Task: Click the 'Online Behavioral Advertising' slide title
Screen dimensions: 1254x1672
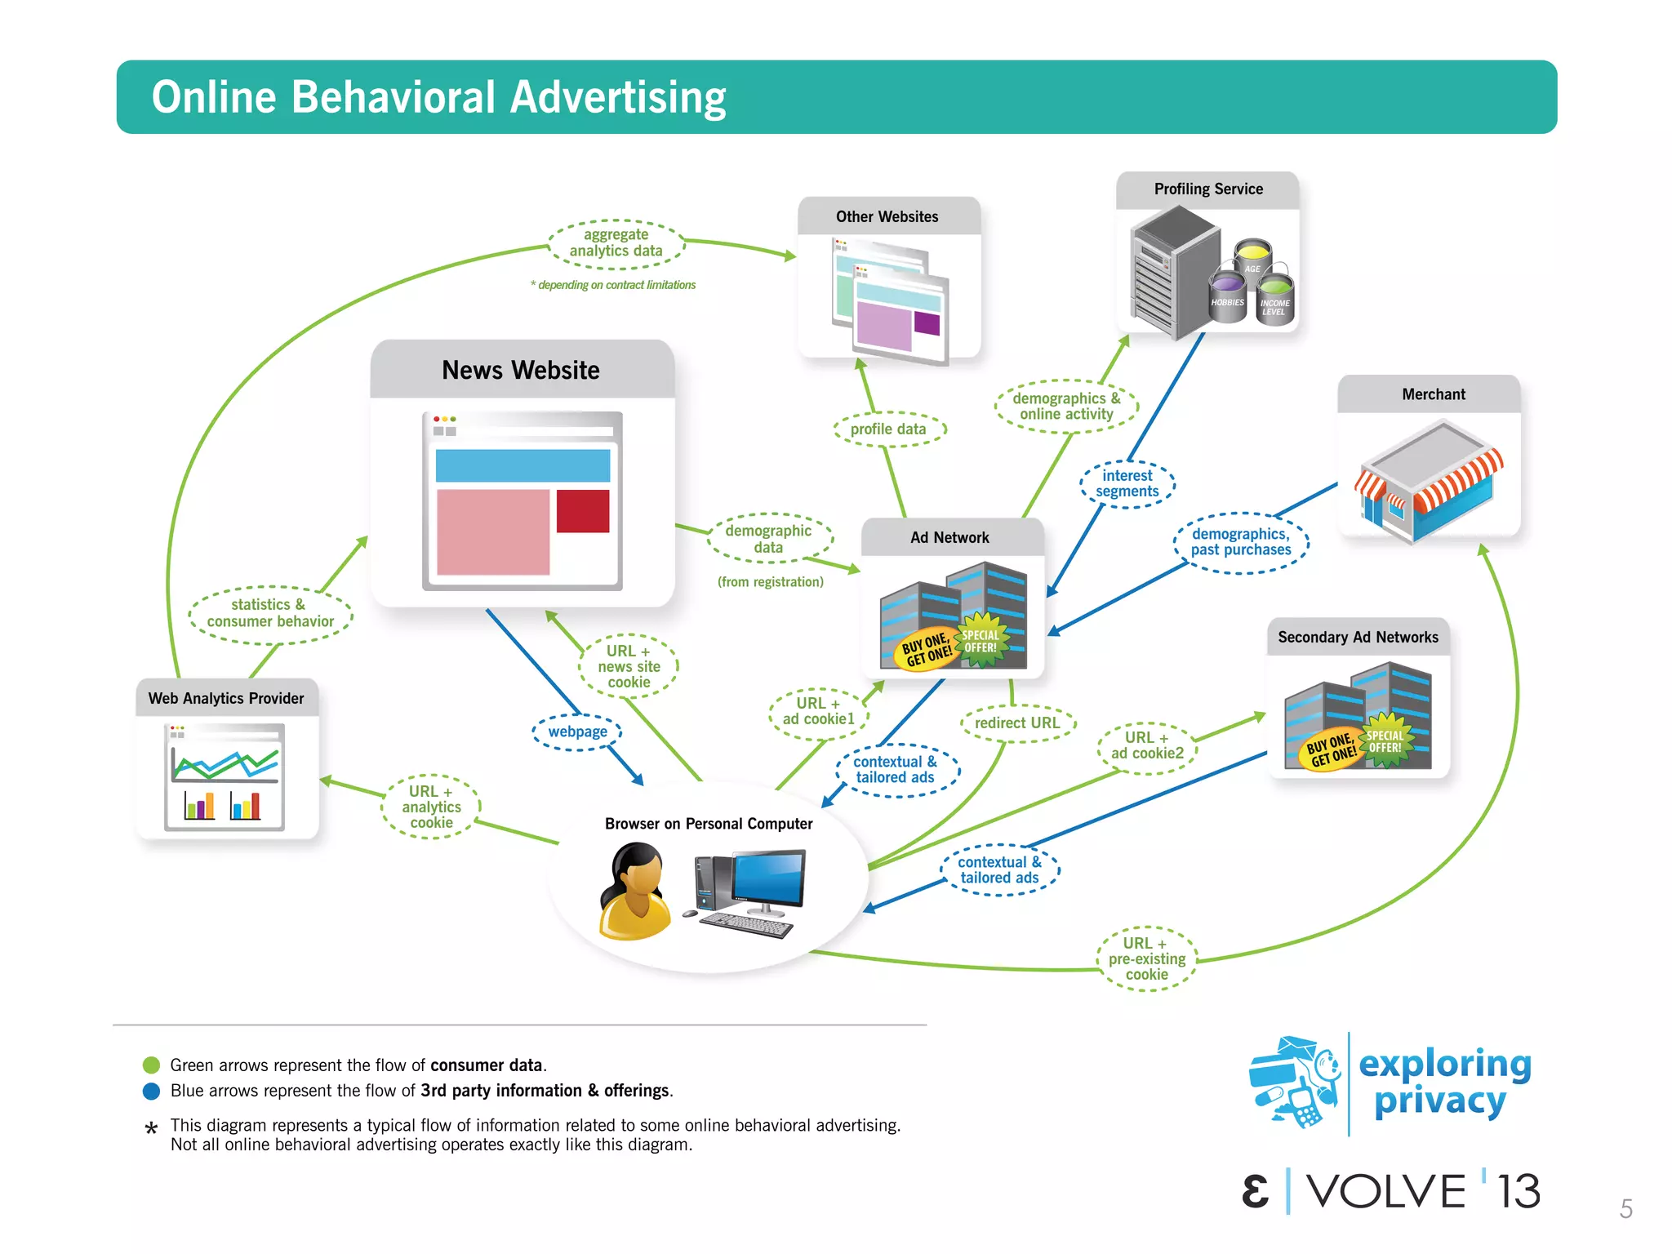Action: (x=438, y=97)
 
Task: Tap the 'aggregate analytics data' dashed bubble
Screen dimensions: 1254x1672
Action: (x=616, y=243)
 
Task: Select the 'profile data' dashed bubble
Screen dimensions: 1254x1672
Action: (x=888, y=429)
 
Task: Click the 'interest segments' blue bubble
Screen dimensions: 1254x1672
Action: (x=1127, y=483)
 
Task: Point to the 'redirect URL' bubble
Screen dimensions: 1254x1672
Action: (x=1017, y=723)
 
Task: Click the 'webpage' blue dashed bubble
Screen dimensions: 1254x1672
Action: (x=577, y=731)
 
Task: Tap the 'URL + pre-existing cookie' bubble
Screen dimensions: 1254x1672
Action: (x=1146, y=959)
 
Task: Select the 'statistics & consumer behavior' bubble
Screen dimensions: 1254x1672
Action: (x=270, y=613)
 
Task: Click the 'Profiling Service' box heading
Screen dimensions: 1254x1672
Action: (x=1208, y=189)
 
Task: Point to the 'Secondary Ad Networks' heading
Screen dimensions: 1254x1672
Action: (x=1358, y=638)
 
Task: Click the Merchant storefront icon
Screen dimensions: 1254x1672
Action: (x=1429, y=482)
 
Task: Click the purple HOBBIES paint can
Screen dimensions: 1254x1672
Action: (x=1227, y=296)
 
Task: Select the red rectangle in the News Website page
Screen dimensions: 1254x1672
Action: (x=583, y=511)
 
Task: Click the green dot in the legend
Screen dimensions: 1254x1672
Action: (x=151, y=1065)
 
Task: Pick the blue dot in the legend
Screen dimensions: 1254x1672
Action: (x=151, y=1092)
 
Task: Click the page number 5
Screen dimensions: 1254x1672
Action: (x=1625, y=1209)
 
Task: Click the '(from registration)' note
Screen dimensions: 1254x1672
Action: (x=771, y=582)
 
